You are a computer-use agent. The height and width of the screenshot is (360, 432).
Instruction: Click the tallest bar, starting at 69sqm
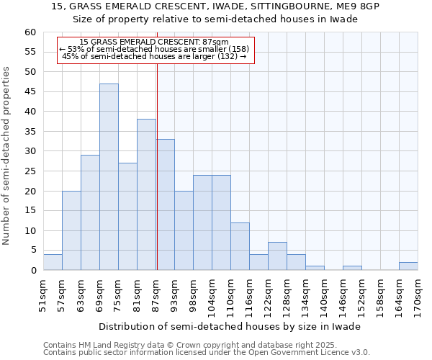point(109,177)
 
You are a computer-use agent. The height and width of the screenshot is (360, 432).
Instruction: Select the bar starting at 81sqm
point(146,194)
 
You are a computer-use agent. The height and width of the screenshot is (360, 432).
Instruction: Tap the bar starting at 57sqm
point(71,230)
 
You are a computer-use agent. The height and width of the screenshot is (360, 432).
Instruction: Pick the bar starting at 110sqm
point(240,246)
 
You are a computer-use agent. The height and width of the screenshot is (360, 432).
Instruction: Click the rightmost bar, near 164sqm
point(408,266)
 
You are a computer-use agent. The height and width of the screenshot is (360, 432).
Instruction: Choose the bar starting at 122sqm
point(277,256)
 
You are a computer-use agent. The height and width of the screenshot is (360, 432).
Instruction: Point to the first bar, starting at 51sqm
point(53,262)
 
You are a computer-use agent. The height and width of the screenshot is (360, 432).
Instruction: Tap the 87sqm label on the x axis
point(156,295)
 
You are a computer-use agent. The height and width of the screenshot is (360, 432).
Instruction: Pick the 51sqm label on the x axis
point(43,295)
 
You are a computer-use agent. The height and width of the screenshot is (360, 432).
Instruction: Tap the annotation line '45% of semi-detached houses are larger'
point(155,56)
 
